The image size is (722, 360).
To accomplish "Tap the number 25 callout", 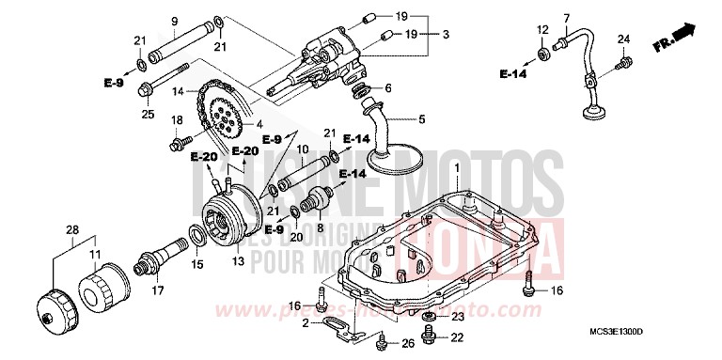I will point(147,115).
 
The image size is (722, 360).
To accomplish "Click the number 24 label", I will point(623,39).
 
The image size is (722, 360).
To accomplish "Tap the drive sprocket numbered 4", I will point(219,116).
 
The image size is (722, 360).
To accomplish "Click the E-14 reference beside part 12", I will point(512,72).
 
